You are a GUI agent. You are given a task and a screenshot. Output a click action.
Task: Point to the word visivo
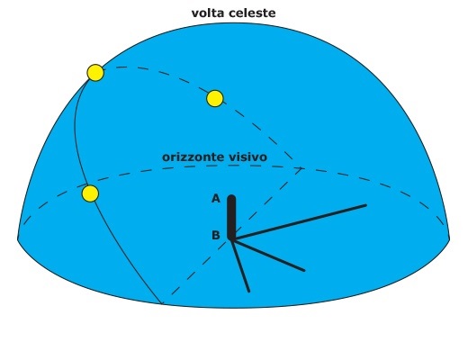(247, 157)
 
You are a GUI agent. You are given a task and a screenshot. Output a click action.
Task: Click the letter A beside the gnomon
(216, 199)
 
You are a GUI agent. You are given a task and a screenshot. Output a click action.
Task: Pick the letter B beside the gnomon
(216, 236)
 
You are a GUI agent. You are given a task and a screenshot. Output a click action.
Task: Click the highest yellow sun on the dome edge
(95, 73)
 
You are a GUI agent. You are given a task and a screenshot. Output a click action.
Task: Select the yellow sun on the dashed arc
(215, 98)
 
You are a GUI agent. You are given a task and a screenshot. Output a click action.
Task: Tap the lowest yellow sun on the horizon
(90, 193)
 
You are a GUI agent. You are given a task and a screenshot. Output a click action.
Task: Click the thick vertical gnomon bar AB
(231, 217)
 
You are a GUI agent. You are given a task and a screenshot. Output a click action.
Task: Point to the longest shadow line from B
(299, 222)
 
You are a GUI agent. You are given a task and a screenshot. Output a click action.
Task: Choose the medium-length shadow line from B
(268, 255)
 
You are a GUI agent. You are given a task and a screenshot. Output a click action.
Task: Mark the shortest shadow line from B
(240, 265)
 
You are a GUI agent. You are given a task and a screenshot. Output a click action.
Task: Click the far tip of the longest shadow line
(365, 205)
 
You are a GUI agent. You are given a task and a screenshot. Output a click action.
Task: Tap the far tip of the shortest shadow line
(248, 291)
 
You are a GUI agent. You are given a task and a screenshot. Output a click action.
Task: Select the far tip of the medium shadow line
(304, 270)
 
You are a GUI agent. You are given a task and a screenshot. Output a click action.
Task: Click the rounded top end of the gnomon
(231, 197)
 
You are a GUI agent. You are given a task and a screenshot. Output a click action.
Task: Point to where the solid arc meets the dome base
(162, 304)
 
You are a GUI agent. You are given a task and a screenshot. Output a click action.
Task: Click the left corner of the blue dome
(18, 238)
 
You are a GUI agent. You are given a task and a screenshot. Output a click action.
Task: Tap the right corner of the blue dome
(449, 238)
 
